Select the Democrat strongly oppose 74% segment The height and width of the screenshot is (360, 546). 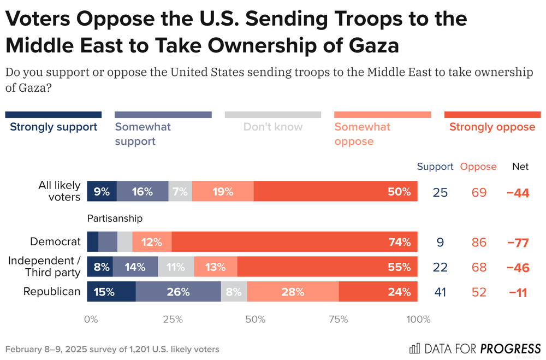(x=295, y=242)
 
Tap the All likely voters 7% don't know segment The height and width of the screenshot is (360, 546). (x=180, y=192)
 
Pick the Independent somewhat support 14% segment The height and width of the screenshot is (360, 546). (x=135, y=267)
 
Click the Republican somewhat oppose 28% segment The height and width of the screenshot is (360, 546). (x=293, y=292)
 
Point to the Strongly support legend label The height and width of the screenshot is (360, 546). (x=54, y=127)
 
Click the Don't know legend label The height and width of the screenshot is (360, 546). (x=273, y=127)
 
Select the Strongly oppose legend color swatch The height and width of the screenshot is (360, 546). (x=492, y=115)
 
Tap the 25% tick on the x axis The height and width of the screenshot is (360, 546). (x=173, y=320)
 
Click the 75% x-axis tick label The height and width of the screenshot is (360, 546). (x=338, y=320)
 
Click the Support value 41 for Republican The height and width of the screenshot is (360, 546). (x=440, y=292)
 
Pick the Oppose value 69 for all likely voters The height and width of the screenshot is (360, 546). (x=479, y=192)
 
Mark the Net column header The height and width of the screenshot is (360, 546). (x=520, y=167)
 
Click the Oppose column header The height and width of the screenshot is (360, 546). (x=478, y=167)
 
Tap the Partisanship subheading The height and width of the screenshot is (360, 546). (x=115, y=219)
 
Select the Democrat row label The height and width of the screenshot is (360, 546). (x=56, y=241)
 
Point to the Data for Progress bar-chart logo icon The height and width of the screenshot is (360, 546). (x=415, y=348)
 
